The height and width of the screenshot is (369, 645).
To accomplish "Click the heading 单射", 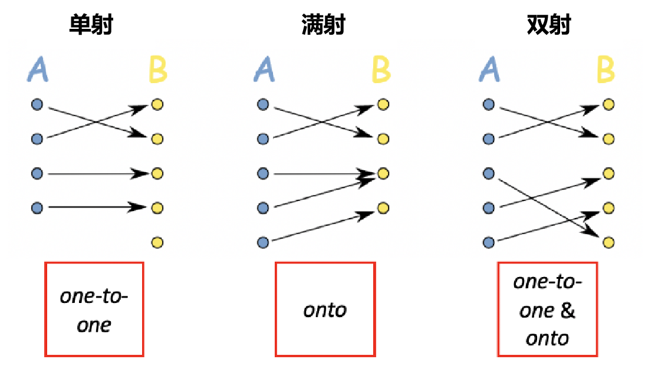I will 91,25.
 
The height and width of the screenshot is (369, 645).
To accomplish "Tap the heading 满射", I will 322,25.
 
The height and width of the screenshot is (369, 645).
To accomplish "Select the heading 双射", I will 548,25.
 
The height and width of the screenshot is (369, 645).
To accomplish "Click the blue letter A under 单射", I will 38,70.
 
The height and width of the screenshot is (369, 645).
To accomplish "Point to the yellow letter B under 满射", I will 381,70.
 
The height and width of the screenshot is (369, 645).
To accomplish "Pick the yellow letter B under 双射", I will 605,70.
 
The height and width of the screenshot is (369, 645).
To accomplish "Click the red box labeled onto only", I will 325,309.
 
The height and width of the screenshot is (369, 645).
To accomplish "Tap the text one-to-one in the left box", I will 94,309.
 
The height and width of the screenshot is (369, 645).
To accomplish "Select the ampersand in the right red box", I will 567,311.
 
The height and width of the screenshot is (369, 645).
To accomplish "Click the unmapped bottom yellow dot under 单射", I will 157,242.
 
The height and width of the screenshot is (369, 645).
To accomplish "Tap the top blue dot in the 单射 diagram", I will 37,105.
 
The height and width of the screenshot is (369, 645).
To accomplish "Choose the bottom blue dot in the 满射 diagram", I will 263,242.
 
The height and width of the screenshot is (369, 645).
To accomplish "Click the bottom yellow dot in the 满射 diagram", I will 383,208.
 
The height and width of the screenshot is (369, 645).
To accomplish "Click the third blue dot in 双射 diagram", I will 488,173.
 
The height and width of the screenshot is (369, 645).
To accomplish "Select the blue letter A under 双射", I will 489,70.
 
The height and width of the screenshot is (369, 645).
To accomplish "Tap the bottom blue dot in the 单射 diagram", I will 37,208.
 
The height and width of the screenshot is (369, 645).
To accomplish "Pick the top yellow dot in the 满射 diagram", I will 383,105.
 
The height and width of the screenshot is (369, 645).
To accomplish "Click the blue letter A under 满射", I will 264,70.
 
